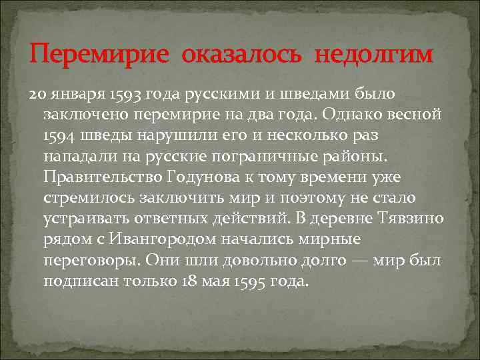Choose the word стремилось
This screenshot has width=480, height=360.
[89, 198]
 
